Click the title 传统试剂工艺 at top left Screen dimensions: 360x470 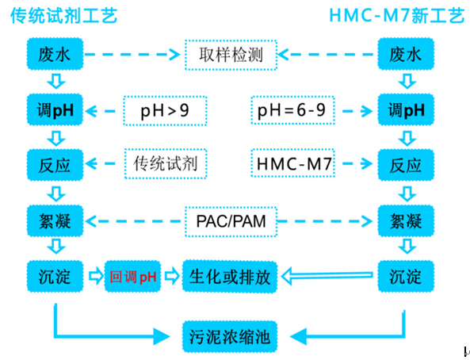tap(63, 16)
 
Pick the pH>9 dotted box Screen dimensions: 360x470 tap(166, 109)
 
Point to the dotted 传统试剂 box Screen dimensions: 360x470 tap(166, 164)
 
